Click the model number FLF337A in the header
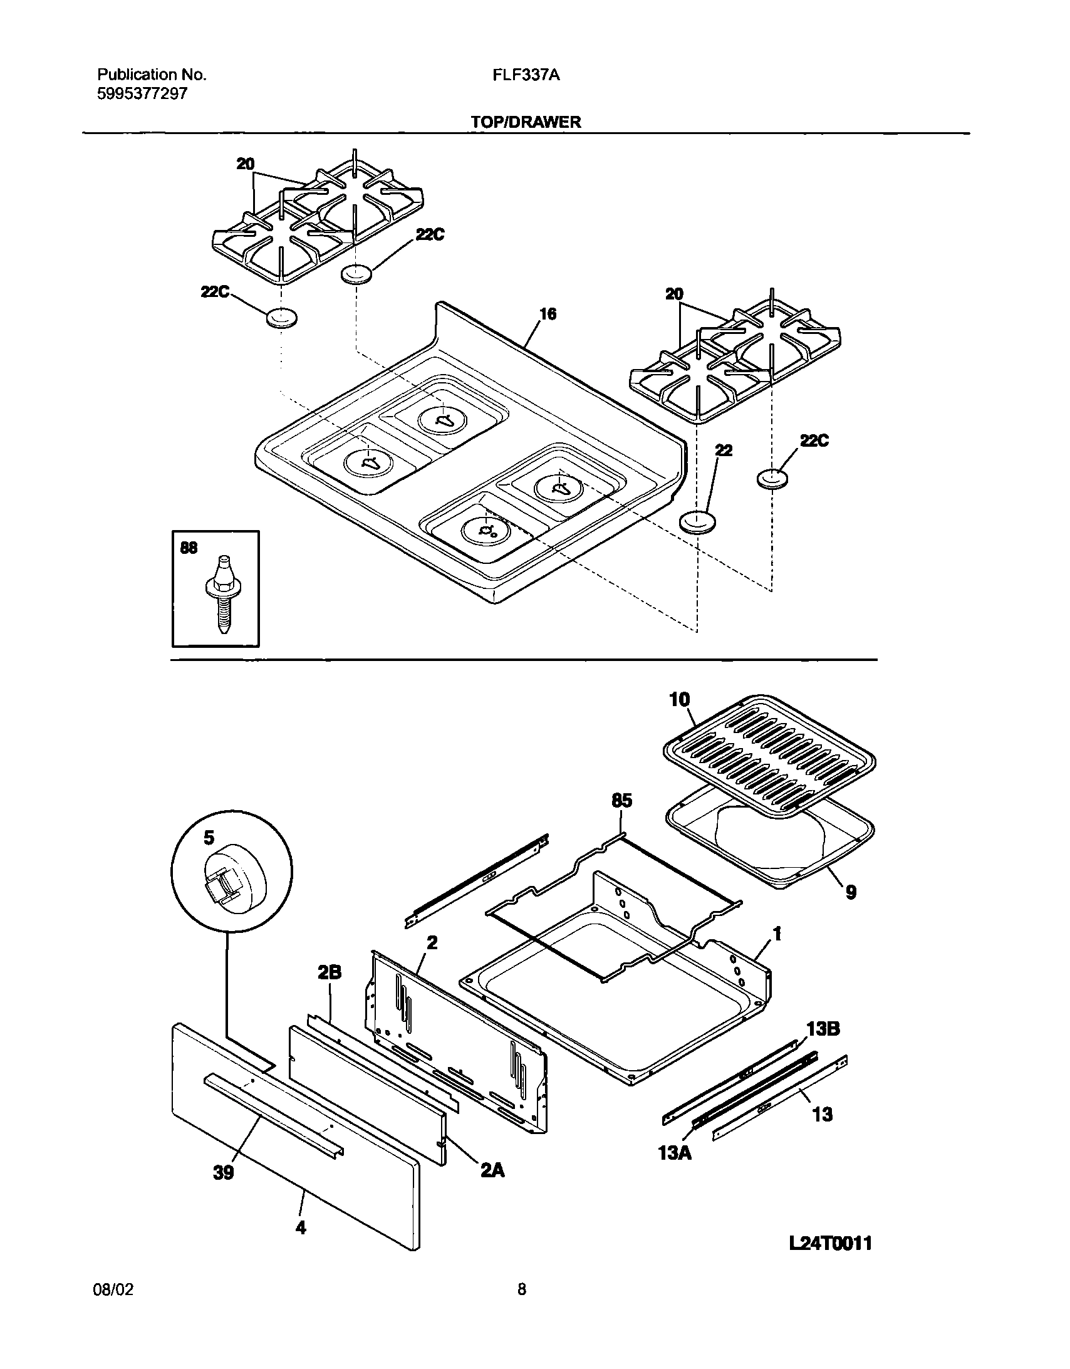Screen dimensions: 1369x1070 (x=526, y=75)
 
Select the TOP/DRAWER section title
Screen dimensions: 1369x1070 (x=526, y=122)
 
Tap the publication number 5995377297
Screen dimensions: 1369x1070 (x=142, y=94)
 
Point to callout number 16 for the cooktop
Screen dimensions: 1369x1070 (x=548, y=314)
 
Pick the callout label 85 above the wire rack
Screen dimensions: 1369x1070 (x=621, y=801)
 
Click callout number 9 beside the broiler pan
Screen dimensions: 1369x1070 (x=851, y=892)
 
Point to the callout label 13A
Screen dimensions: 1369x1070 (x=675, y=1152)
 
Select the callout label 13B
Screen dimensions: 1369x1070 (x=823, y=1028)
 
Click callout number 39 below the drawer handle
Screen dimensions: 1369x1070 (x=223, y=1172)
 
